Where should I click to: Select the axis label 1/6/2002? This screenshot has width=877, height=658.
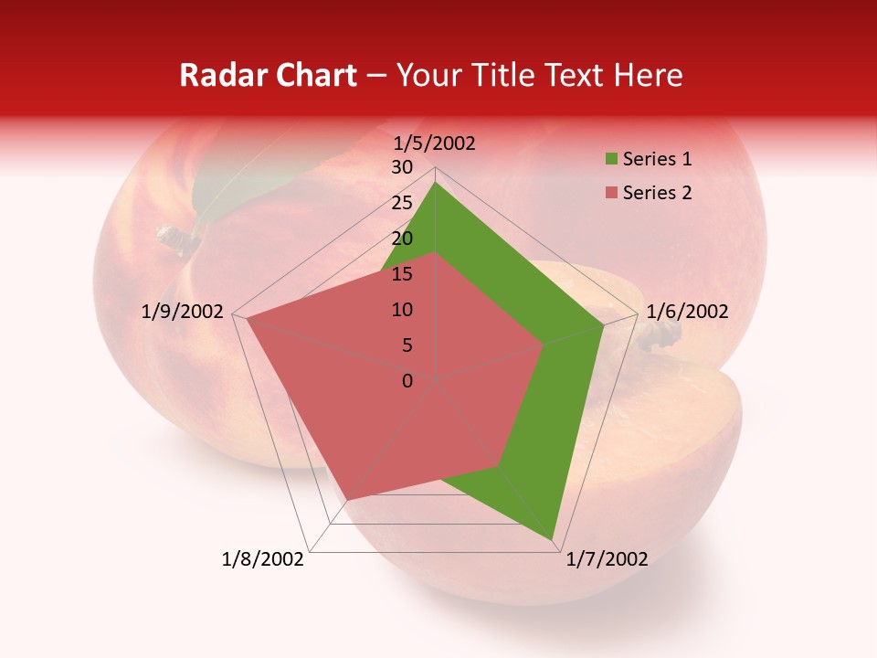[687, 312]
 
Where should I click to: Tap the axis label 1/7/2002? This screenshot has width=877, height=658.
[607, 559]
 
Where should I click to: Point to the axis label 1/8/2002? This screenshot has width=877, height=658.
[263, 559]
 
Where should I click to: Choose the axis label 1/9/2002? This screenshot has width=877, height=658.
[183, 312]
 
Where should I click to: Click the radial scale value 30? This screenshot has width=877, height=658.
[402, 167]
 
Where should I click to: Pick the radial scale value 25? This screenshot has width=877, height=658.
[402, 203]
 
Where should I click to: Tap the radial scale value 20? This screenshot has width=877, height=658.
[402, 239]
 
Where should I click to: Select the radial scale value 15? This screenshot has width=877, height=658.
[402, 274]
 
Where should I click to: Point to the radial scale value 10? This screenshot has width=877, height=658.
[402, 310]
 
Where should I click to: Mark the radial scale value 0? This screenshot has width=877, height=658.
[407, 381]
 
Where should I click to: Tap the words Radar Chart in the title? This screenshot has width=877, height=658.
[268, 76]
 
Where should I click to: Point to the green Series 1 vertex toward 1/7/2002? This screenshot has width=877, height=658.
[554, 540]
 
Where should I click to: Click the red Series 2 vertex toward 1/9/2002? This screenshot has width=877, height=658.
[247, 318]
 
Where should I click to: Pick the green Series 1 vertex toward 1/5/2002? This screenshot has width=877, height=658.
[435, 183]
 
